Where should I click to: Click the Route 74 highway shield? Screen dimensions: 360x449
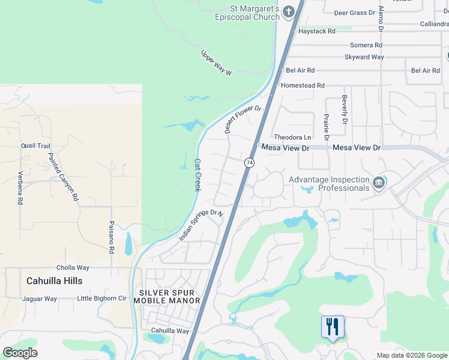pyautogui.click(x=249, y=163)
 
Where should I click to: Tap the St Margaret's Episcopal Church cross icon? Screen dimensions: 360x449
pyautogui.click(x=289, y=11)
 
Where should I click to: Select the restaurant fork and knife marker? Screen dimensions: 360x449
pyautogui.click(x=333, y=328)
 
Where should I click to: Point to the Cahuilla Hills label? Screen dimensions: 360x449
pyautogui.click(x=55, y=281)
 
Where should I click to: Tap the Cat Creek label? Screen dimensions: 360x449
pyautogui.click(x=197, y=175)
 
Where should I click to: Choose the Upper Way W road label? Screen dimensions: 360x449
pyautogui.click(x=215, y=62)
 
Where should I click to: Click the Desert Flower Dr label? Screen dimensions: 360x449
pyautogui.click(x=243, y=119)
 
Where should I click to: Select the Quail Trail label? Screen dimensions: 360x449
pyautogui.click(x=35, y=146)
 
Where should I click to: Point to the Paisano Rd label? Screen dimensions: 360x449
pyautogui.click(x=112, y=238)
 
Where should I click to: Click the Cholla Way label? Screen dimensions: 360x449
pyautogui.click(x=73, y=268)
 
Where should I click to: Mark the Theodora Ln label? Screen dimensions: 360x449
pyautogui.click(x=293, y=137)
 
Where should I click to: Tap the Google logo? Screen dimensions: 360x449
pyautogui.click(x=20, y=353)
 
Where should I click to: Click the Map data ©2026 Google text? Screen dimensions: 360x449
pyautogui.click(x=411, y=355)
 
